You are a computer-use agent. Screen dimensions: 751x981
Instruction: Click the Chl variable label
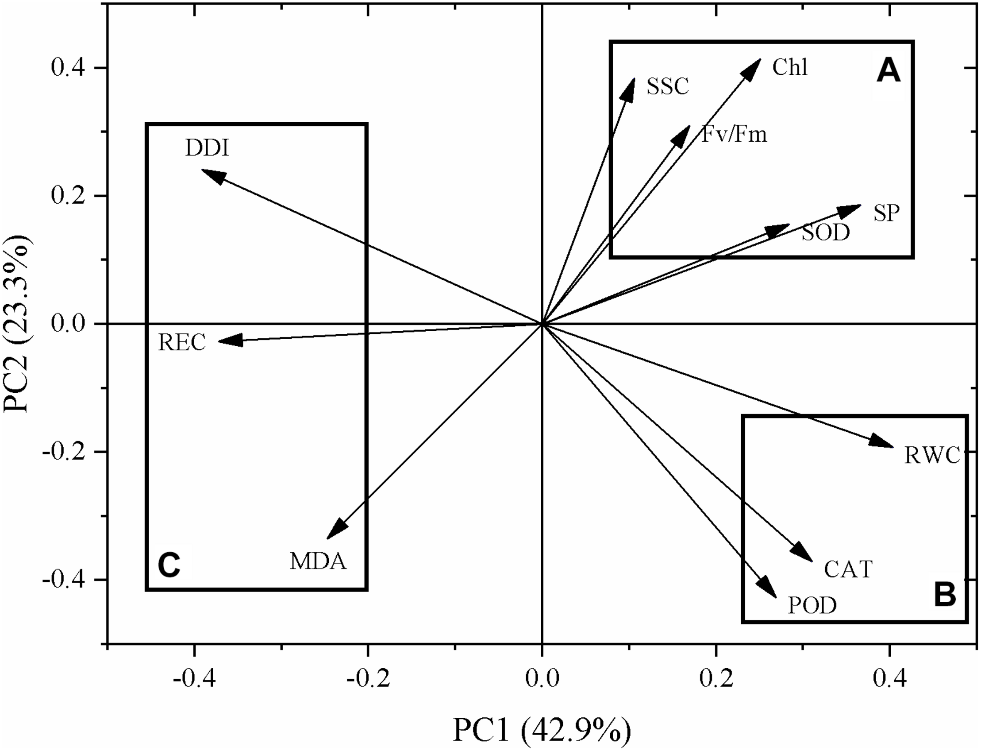click(x=790, y=68)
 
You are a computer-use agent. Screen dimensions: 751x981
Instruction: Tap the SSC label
click(x=668, y=86)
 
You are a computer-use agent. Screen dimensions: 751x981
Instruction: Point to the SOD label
click(x=826, y=232)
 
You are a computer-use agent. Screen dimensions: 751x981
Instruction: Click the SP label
click(x=886, y=213)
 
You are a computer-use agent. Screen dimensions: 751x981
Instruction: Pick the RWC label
click(x=932, y=456)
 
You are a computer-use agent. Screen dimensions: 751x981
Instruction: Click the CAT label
click(x=848, y=569)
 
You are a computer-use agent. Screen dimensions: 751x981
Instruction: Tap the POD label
click(x=812, y=606)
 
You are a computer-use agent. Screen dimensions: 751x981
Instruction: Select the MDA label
click(x=318, y=561)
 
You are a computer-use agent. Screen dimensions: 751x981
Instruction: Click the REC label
click(x=182, y=343)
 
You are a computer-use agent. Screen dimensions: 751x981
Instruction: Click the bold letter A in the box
click(x=889, y=71)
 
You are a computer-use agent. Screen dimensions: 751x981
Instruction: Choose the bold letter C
click(x=169, y=565)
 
